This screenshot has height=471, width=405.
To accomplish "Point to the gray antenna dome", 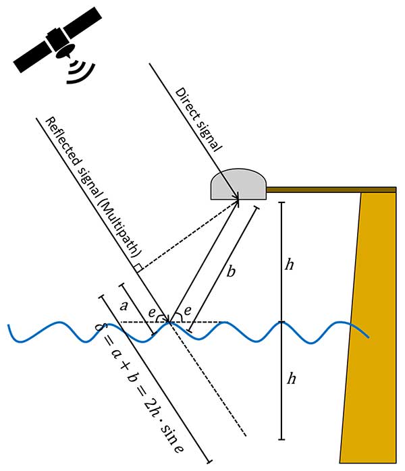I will (238, 184).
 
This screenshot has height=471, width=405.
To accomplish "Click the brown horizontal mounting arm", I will (331, 190).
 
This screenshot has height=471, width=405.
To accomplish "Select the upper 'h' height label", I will (289, 265).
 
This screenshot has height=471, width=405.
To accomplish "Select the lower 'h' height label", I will (291, 379).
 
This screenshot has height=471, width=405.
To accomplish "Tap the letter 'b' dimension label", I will (232, 272).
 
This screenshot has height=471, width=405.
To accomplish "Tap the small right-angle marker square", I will (138, 269).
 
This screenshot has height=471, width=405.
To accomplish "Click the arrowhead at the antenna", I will (238, 199).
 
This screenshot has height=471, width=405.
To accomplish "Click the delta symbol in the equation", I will (104, 330).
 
